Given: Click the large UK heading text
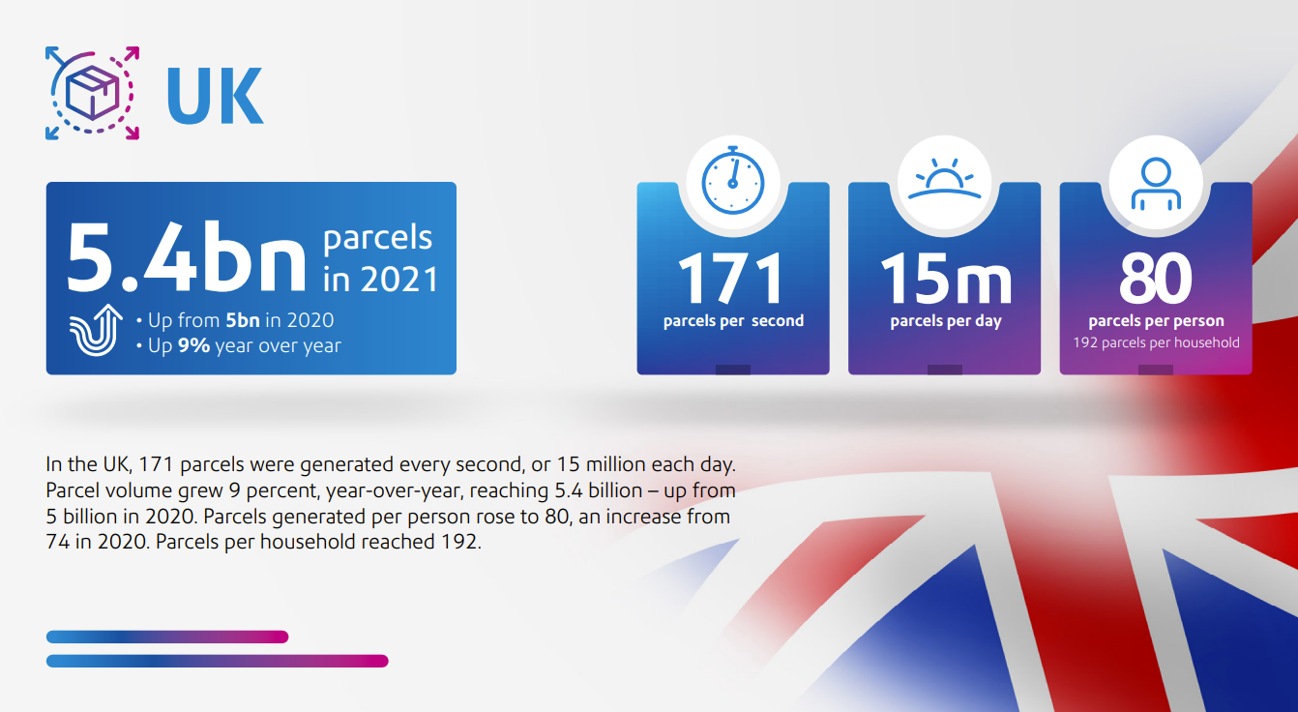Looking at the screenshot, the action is click(215, 96).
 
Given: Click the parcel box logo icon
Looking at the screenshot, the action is click(92, 93).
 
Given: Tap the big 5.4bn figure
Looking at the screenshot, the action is click(186, 257).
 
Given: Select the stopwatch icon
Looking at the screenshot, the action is click(733, 180).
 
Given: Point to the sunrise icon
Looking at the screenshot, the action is click(945, 179).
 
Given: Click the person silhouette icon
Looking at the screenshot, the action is click(1156, 184).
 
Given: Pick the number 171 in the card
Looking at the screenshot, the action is click(730, 279).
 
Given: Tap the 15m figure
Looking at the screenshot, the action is click(946, 279).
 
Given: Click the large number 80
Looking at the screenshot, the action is click(1156, 279).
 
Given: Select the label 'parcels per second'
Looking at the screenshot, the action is click(733, 321).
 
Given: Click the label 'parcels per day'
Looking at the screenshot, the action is click(946, 321).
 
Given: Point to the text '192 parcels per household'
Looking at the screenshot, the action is click(1156, 342).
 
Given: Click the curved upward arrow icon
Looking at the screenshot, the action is click(96, 329).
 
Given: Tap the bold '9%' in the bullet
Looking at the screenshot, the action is click(193, 345).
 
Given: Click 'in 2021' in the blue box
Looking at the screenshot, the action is click(380, 280).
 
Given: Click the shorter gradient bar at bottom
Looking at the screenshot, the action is click(167, 637).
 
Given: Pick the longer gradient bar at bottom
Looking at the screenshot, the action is click(218, 661).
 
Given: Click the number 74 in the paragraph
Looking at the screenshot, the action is click(57, 542).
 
